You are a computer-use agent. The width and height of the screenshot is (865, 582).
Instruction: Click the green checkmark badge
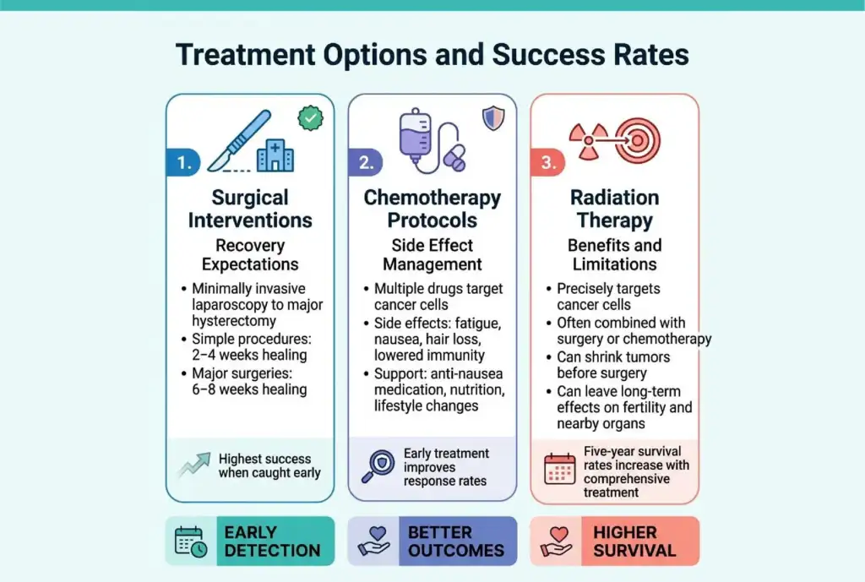click(311, 118)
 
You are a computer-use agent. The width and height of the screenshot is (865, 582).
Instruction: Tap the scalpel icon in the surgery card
click(239, 141)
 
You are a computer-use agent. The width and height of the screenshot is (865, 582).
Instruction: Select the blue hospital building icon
click(275, 155)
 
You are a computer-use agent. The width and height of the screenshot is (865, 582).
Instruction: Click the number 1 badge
click(183, 162)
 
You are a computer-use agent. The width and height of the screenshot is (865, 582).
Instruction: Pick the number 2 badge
click(366, 162)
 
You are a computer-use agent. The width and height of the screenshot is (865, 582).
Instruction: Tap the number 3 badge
click(547, 162)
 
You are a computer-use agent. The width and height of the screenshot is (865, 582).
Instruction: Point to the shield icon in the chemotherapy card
click(493, 118)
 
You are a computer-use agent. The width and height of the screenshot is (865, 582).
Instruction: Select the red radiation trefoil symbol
click(589, 141)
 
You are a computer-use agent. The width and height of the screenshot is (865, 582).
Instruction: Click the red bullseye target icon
click(638, 141)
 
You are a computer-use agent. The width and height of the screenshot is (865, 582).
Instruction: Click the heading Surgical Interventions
click(250, 209)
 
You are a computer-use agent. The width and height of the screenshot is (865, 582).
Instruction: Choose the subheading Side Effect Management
click(432, 255)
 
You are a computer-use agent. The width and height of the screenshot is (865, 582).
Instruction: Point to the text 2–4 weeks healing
click(249, 355)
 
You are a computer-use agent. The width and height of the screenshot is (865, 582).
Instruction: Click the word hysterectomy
click(234, 321)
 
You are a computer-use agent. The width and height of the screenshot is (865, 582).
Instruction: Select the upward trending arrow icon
click(194, 465)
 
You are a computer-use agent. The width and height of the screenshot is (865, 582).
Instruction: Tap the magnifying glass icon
click(378, 467)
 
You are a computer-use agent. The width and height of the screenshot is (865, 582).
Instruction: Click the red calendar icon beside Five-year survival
click(560, 469)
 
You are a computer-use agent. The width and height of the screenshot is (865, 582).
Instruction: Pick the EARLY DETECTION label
click(272, 541)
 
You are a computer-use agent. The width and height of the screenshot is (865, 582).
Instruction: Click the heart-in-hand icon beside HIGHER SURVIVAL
click(557, 541)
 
